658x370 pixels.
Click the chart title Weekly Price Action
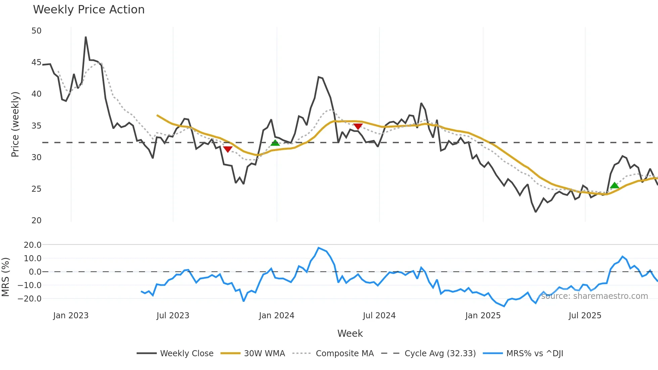click(x=89, y=10)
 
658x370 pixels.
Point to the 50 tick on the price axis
click(x=36, y=31)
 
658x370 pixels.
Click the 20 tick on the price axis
click(x=36, y=221)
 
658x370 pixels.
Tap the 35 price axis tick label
click(x=36, y=126)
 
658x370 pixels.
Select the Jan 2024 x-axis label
click(x=276, y=316)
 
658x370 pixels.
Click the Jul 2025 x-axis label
click(x=585, y=316)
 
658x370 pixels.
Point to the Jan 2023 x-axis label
click(x=71, y=316)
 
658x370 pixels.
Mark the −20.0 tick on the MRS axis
click(x=32, y=298)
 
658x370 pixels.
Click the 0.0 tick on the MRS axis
click(x=35, y=272)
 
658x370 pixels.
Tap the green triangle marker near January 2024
click(x=275, y=143)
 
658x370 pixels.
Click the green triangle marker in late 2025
click(x=614, y=185)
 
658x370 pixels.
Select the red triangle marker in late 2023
click(x=228, y=149)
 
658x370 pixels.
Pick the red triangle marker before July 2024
click(x=358, y=126)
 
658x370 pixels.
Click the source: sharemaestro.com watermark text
click(x=594, y=296)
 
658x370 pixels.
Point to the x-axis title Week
click(x=350, y=333)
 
